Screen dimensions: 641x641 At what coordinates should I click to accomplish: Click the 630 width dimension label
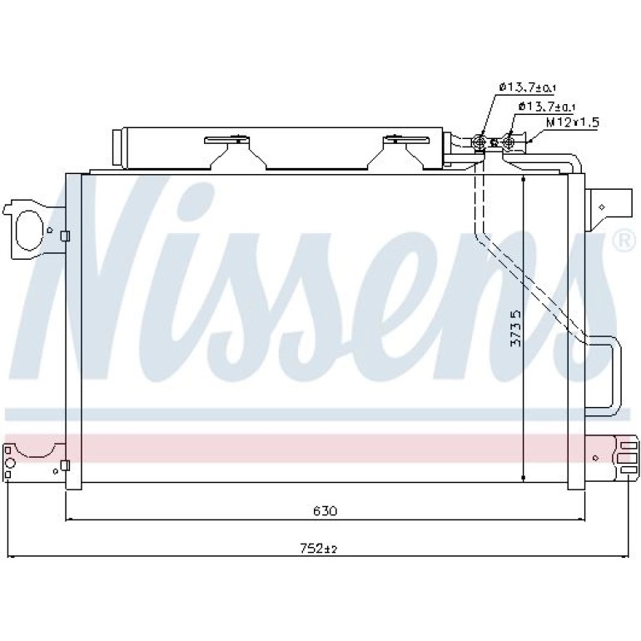325,510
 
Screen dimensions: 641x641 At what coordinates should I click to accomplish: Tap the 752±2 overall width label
318,548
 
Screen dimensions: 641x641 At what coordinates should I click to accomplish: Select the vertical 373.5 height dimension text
516,328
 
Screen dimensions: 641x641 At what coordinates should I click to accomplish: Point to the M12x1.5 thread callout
573,122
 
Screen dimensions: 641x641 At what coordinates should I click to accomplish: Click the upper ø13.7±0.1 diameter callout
528,87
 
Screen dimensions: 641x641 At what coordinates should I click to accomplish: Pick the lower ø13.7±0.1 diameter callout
547,107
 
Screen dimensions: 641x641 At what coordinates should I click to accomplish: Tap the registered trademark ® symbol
624,241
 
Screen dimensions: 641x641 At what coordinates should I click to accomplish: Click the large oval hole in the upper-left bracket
29,230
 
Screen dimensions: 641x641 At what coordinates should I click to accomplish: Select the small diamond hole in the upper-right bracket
601,207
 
